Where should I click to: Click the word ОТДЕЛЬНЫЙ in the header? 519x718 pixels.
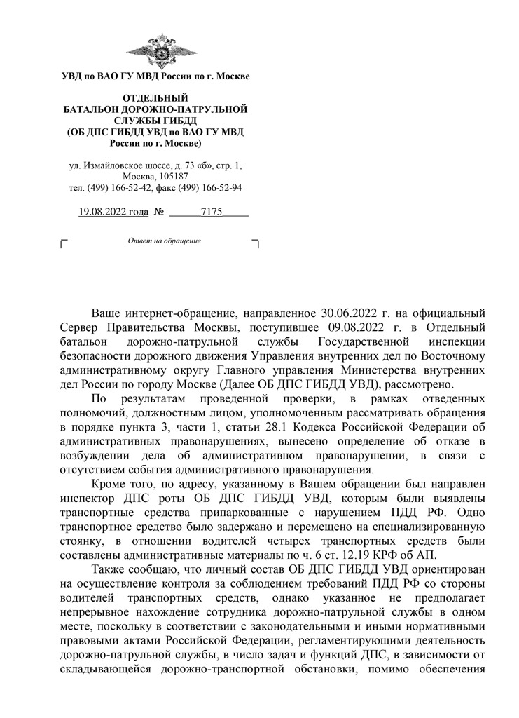(x=155, y=97)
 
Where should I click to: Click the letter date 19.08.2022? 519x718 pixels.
(x=104, y=211)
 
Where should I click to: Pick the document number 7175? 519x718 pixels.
(x=211, y=211)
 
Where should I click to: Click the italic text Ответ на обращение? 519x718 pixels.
(x=164, y=241)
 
